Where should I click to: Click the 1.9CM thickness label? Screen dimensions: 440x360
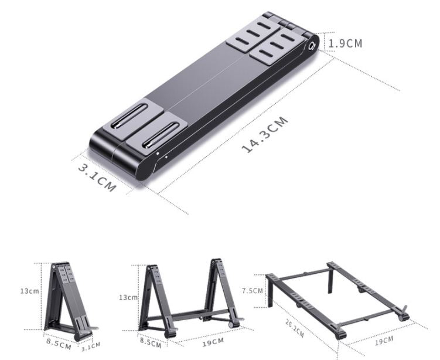(345, 43)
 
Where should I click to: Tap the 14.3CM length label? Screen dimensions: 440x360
(265, 134)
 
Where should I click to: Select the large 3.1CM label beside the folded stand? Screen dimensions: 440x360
(97, 178)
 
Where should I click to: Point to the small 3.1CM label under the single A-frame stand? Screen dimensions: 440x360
(91, 347)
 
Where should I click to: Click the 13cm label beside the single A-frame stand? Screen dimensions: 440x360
(29, 291)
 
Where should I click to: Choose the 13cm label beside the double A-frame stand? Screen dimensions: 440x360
(128, 297)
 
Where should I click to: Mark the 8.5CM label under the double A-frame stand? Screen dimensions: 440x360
(151, 343)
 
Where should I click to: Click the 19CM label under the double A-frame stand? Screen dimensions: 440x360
(213, 342)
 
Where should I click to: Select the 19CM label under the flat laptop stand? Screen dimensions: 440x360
(384, 341)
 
